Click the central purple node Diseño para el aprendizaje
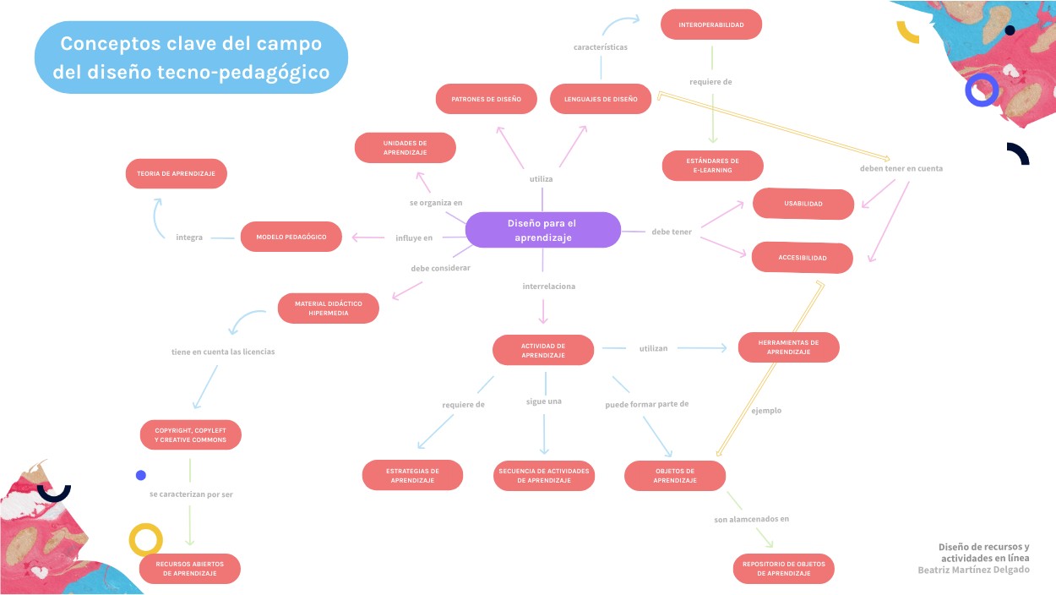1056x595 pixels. pos(542,230)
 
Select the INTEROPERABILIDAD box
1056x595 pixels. pos(711,25)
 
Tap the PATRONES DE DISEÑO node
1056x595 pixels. pos(486,99)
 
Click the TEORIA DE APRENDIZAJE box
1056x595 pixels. pos(177,173)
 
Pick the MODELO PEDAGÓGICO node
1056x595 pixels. pos(291,237)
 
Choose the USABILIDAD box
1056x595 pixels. pos(803,204)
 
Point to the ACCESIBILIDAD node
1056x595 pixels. pos(803,258)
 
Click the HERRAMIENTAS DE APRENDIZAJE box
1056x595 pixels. pos(788,347)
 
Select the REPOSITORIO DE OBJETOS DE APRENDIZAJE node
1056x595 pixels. pos(783,569)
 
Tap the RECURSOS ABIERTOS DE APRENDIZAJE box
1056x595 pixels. pos(189,569)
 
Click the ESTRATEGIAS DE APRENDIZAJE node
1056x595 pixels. pos(412,476)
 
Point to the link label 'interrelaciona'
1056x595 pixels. pos(548,287)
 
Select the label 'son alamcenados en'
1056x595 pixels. pos(751,519)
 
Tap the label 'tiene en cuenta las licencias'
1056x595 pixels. pos(223,351)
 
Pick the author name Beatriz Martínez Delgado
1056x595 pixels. pos(973,570)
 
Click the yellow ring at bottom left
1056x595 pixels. pos(145,539)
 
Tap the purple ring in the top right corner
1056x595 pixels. pos(982,90)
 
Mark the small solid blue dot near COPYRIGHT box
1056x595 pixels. pos(141,475)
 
